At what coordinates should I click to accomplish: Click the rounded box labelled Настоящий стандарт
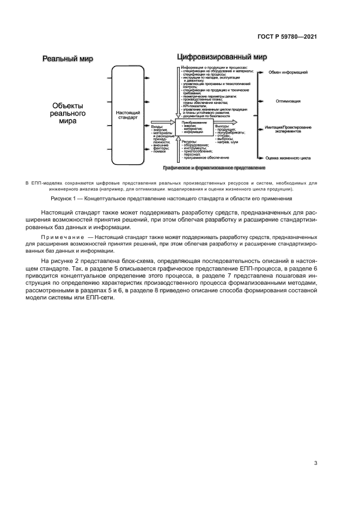click(x=129, y=115)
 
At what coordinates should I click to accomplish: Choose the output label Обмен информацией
click(x=288, y=72)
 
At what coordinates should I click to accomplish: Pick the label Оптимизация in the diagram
click(x=288, y=101)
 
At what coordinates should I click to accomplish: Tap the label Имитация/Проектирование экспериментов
click(x=288, y=129)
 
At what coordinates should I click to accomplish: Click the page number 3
click(x=315, y=463)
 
